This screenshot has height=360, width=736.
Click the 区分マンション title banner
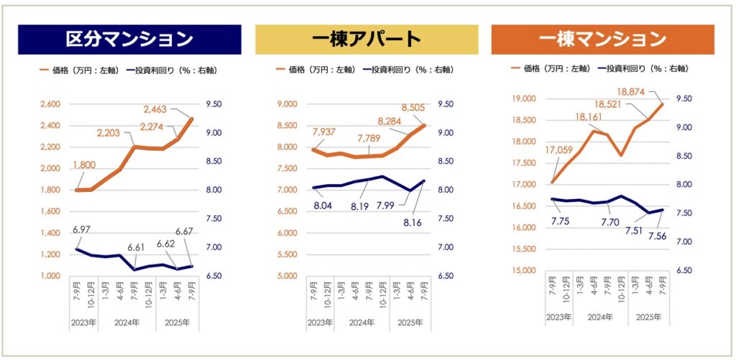129,40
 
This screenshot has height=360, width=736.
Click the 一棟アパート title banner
367,40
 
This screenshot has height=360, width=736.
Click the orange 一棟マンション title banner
602,40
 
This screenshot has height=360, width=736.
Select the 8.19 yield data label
360,206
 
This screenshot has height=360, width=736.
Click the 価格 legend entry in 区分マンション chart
78,70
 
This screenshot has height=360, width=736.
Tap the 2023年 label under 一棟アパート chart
321,323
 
